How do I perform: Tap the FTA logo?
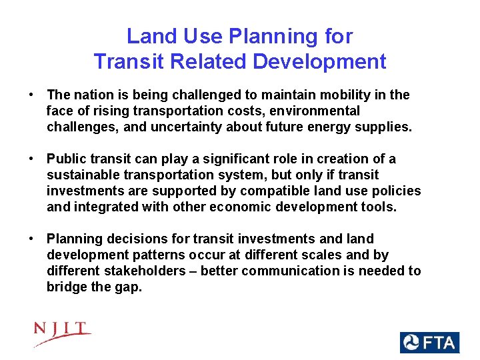[429, 343]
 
